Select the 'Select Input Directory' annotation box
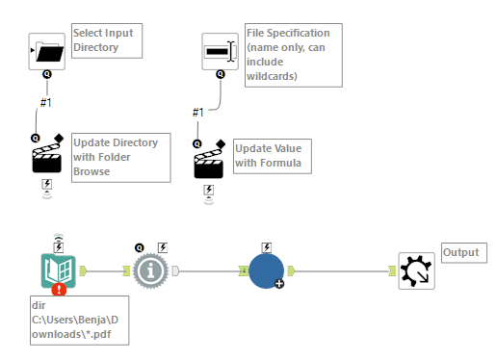point(102,39)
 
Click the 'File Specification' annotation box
point(290,56)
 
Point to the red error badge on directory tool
point(60,288)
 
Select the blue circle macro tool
point(265,270)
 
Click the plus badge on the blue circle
point(278,285)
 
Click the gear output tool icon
point(416,271)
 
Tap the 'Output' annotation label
point(459,252)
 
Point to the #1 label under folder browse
point(46,102)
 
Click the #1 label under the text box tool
point(197,113)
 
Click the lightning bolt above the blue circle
point(265,247)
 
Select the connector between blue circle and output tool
point(345,270)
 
